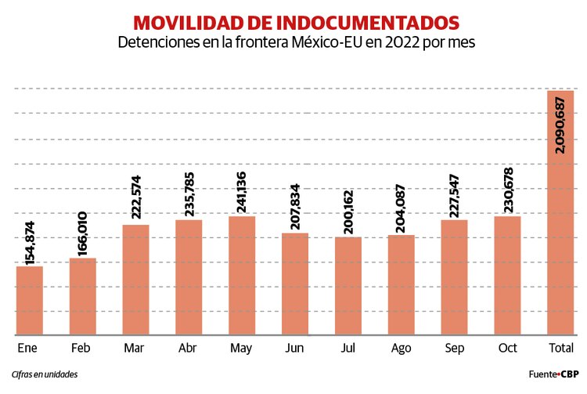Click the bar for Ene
(30, 301)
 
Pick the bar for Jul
(348, 286)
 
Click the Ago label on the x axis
(401, 348)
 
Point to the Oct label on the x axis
(507, 348)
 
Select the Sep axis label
(454, 348)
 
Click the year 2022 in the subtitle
(405, 42)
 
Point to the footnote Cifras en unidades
(45, 374)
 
